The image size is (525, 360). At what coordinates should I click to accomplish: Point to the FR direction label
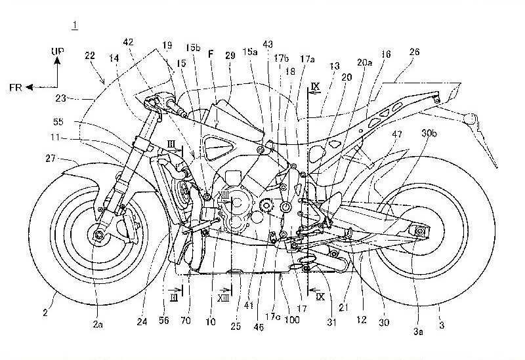19,85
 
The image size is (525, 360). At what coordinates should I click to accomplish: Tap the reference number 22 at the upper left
90,58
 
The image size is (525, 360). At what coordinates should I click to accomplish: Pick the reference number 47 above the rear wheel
396,134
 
